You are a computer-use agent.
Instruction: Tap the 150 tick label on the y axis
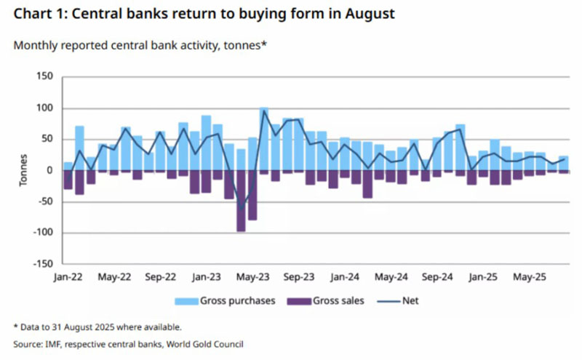pos(45,76)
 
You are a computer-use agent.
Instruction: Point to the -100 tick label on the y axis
pos(42,233)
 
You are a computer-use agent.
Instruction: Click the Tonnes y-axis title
pos(24,171)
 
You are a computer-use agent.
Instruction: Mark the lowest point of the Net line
pos(241,210)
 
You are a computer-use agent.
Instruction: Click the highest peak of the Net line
pos(263,111)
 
